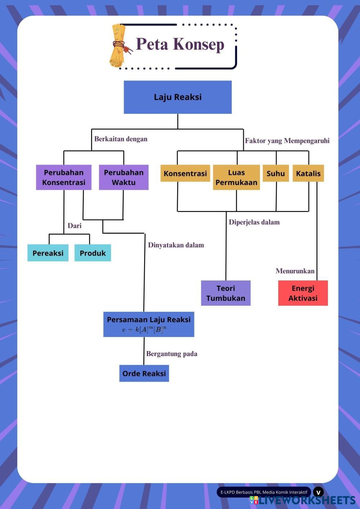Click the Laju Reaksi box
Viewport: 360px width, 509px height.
(x=177, y=97)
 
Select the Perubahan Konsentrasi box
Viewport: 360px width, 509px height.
(x=64, y=177)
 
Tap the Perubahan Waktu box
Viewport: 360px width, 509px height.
(x=123, y=177)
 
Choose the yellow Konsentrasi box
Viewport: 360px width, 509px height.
(x=185, y=174)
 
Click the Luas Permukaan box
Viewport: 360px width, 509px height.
(x=236, y=177)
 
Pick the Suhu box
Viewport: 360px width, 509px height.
(x=276, y=174)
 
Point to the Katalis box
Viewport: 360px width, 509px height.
(x=308, y=174)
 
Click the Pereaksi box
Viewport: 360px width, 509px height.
(x=48, y=253)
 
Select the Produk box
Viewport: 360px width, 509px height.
(x=93, y=253)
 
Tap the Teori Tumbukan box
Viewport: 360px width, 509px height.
(x=226, y=293)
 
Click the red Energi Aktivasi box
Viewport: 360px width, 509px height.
(x=303, y=293)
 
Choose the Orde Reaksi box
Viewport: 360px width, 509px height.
(x=144, y=373)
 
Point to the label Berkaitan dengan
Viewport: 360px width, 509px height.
(x=121, y=139)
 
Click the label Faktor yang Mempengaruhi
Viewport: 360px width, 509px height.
(x=287, y=141)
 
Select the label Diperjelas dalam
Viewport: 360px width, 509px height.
(x=254, y=222)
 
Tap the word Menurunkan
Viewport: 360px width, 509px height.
(x=295, y=271)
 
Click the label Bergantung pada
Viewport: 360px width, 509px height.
(x=172, y=354)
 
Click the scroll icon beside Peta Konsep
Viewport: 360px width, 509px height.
(x=119, y=46)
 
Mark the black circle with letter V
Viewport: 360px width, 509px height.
(x=318, y=492)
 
